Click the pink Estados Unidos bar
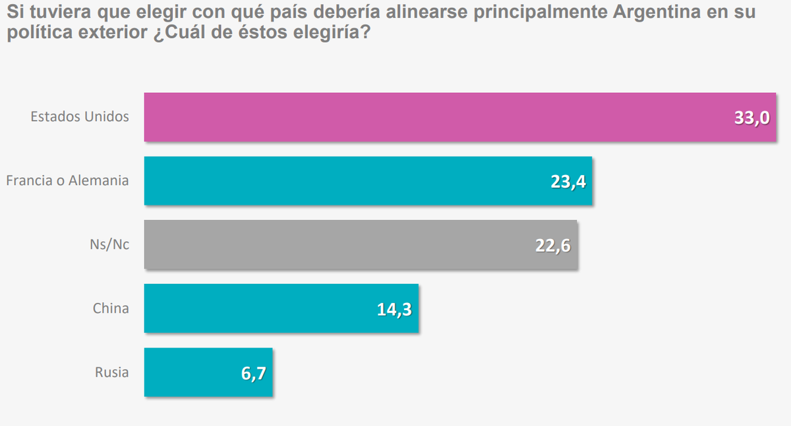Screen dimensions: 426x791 pyautogui.click(x=435, y=117)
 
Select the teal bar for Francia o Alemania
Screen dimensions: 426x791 pyautogui.click(x=343, y=181)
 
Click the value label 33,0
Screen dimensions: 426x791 pyautogui.click(x=752, y=119)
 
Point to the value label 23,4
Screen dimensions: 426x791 pyautogui.click(x=569, y=182)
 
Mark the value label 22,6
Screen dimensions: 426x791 pyautogui.click(x=552, y=246)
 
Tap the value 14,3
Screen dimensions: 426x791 pyautogui.click(x=394, y=309)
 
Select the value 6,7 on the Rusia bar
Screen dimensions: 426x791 pyautogui.click(x=252, y=373)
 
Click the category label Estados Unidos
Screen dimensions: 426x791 pyautogui.click(x=80, y=117)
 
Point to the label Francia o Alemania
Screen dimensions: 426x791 pyautogui.click(x=67, y=180)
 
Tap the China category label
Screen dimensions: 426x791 pyautogui.click(x=111, y=307)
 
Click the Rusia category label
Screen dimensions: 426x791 pyautogui.click(x=111, y=372)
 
